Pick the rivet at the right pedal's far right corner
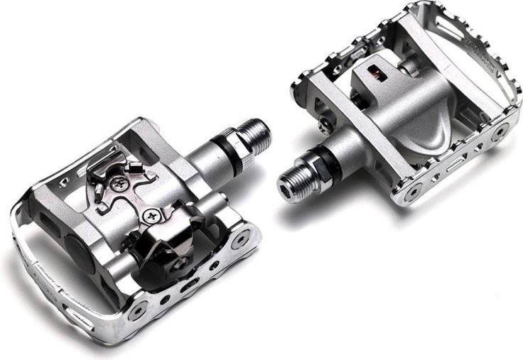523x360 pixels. [502, 131]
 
